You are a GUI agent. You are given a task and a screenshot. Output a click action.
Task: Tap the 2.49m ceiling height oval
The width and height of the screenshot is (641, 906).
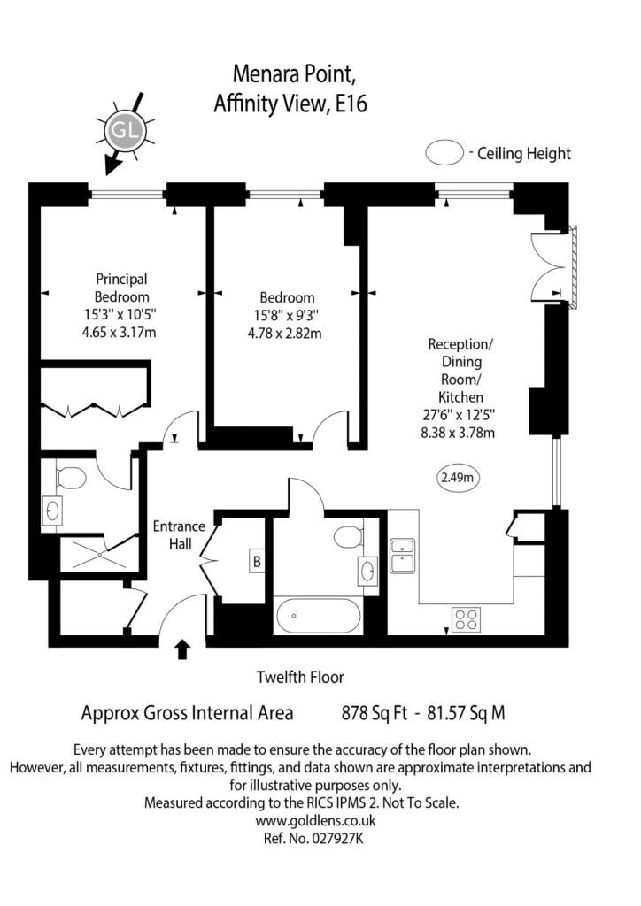pyautogui.click(x=457, y=477)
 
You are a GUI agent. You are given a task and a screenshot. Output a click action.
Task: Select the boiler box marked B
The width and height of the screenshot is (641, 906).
pyautogui.click(x=257, y=561)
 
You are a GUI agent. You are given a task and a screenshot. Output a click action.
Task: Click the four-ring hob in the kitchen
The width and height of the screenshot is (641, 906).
pyautogui.click(x=466, y=619)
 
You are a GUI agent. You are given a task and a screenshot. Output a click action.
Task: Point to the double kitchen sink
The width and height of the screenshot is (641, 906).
pyautogui.click(x=403, y=556)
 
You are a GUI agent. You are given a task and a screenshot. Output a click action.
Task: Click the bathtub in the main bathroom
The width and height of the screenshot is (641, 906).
pyautogui.click(x=319, y=617)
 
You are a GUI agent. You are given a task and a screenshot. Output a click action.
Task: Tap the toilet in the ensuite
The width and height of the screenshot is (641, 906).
pyautogui.click(x=71, y=477)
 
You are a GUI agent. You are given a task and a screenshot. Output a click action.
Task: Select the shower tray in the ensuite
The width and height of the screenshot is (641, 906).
pyautogui.click(x=99, y=555)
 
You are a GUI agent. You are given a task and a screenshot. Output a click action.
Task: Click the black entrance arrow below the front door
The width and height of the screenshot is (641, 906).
pyautogui.click(x=182, y=649)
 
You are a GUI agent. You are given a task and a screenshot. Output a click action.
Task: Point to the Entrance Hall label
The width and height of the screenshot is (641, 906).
pyautogui.click(x=179, y=535)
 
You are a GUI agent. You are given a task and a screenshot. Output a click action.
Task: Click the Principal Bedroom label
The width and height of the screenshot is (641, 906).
pyautogui.click(x=121, y=288)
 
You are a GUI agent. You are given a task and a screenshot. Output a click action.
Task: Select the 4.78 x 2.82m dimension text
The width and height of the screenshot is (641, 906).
pyautogui.click(x=284, y=334)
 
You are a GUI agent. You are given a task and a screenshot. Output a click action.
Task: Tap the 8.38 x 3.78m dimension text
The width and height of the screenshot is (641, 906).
pyautogui.click(x=458, y=433)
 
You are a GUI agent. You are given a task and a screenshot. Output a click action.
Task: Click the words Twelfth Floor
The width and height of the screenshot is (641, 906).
pyautogui.click(x=300, y=677)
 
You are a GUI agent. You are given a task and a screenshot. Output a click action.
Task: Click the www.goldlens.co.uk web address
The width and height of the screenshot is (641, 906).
pyautogui.click(x=315, y=820)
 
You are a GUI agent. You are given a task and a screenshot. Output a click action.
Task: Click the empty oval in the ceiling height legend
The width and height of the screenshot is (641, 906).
pyautogui.click(x=444, y=154)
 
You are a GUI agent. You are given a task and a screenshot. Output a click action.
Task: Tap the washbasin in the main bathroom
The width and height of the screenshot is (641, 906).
pyautogui.click(x=367, y=571)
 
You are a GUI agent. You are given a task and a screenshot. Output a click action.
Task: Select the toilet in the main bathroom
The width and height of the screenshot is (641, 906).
pyautogui.click(x=348, y=537)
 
